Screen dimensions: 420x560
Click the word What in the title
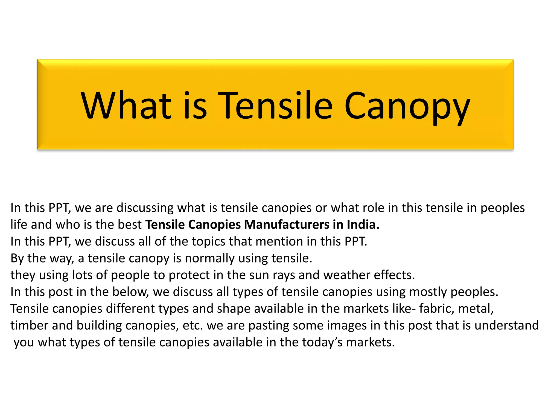tap(126, 106)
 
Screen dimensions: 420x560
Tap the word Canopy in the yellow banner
tap(407, 107)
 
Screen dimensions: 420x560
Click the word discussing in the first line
tap(145, 208)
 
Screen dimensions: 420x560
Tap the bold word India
tap(363, 224)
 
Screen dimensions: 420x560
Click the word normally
tap(209, 258)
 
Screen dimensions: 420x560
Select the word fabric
tap(437, 309)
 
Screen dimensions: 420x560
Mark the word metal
tap(476, 309)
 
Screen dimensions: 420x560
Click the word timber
tap(29, 325)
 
